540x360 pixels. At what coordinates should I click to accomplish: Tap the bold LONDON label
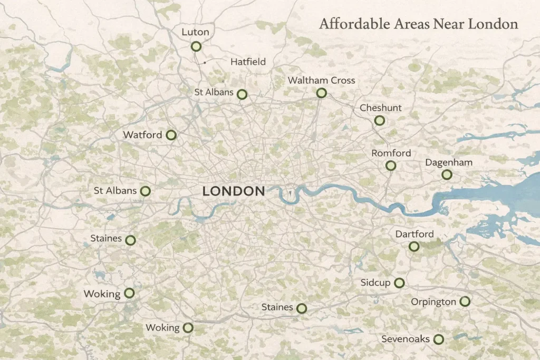[234, 191]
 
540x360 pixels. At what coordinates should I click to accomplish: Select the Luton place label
[195, 32]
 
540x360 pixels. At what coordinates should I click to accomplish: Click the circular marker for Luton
[196, 46]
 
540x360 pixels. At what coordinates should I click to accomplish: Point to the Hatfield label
[248, 62]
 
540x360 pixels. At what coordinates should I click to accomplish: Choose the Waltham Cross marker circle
[322, 93]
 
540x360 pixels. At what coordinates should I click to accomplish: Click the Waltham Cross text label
[321, 81]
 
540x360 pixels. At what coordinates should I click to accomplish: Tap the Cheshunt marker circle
[379, 121]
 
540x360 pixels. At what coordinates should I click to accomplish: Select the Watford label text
[142, 135]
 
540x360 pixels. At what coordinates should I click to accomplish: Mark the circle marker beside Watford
[171, 135]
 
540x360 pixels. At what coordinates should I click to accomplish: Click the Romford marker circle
[391, 166]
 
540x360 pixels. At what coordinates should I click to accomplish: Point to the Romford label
[391, 153]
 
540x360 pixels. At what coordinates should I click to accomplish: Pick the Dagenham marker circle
[447, 174]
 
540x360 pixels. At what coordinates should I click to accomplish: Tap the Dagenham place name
[448, 162]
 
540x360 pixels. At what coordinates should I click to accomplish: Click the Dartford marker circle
[414, 246]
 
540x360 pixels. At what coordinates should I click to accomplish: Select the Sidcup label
[375, 283]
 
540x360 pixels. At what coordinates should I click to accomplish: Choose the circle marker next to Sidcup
[399, 283]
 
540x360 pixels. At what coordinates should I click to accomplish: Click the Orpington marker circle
[465, 301]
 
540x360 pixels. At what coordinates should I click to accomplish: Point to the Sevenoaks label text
[406, 339]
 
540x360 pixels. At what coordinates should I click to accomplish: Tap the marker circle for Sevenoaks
[438, 339]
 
